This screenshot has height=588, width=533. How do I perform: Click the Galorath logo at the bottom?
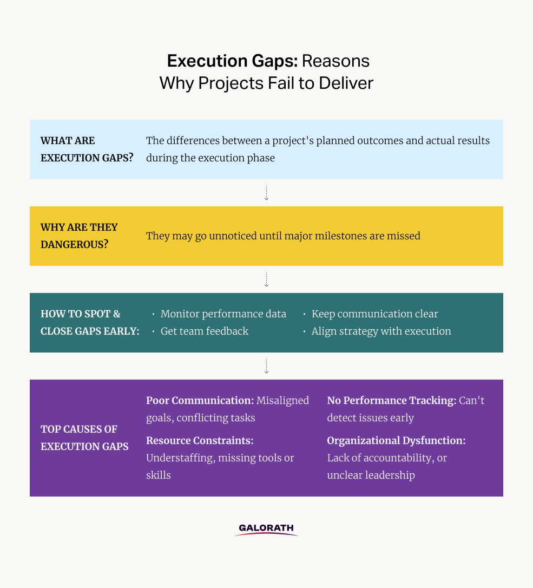pos(266,530)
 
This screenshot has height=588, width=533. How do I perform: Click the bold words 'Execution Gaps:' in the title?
pos(232,61)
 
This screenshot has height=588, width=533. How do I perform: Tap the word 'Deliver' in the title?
pos(346,83)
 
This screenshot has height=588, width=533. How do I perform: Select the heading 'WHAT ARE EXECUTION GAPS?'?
pos(87,149)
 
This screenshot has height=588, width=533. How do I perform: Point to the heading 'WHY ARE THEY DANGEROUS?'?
pos(79,236)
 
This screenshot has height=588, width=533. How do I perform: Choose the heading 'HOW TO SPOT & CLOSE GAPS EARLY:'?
pos(90,323)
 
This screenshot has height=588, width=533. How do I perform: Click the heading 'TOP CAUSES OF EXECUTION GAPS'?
pos(84,437)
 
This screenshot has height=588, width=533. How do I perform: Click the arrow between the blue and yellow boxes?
pos(266,193)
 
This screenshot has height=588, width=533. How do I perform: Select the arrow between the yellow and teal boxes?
pos(266,280)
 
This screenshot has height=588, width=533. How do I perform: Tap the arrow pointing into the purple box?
pos(266,367)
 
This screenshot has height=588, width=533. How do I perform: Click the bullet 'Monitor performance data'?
pos(223,314)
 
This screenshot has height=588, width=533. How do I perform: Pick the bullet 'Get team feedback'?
pos(205,331)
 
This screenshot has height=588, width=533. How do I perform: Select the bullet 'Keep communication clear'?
pos(375,314)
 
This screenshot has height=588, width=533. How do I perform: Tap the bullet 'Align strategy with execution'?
pos(381,331)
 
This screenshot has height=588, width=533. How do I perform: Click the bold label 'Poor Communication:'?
pos(200,401)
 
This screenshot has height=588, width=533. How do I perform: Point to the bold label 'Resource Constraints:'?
pos(200,440)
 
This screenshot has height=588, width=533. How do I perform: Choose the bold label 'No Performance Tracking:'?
pos(392,401)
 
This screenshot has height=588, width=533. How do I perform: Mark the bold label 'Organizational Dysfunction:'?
pos(396,441)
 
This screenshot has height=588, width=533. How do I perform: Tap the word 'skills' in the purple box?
pos(159,475)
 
